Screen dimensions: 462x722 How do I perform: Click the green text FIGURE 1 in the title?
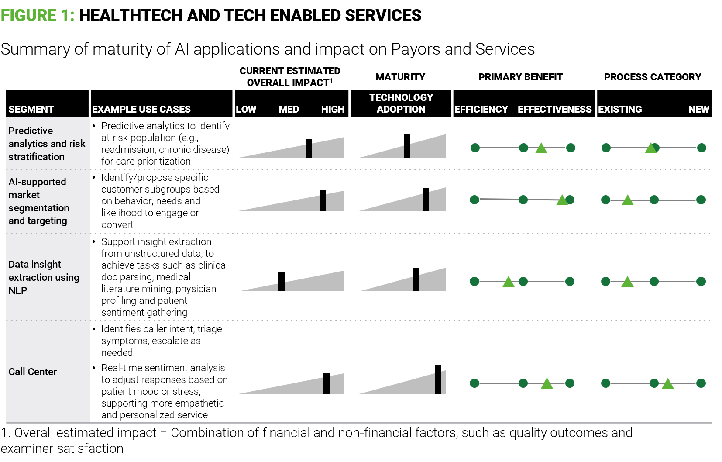coord(38,16)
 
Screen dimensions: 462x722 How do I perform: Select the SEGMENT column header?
coord(31,109)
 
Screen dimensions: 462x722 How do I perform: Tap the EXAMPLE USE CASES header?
coord(141,109)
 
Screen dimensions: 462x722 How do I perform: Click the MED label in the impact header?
coord(289,109)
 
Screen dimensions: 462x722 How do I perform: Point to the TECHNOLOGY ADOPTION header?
coord(401,103)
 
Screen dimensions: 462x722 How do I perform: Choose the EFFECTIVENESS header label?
coord(554,109)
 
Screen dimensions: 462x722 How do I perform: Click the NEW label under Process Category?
coord(698,109)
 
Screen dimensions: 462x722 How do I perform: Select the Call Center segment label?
coord(33,372)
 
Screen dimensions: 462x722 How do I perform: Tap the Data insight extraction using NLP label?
coord(44,277)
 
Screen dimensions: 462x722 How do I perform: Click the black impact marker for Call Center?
coord(326,383)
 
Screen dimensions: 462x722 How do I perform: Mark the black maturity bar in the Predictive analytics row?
coord(407,146)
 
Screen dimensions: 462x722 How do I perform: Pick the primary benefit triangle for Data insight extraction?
coord(508,282)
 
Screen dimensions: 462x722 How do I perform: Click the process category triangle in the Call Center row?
coord(667,384)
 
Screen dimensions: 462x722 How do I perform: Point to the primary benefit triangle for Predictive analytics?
coord(541,148)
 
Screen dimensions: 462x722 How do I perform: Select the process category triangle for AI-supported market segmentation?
coord(627,200)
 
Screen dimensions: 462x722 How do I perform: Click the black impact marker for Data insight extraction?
coord(282,282)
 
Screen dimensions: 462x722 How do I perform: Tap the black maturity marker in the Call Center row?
coord(438,379)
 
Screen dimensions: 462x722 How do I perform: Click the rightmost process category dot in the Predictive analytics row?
coord(701,148)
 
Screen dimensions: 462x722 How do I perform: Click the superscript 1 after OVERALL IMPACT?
coord(331,80)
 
